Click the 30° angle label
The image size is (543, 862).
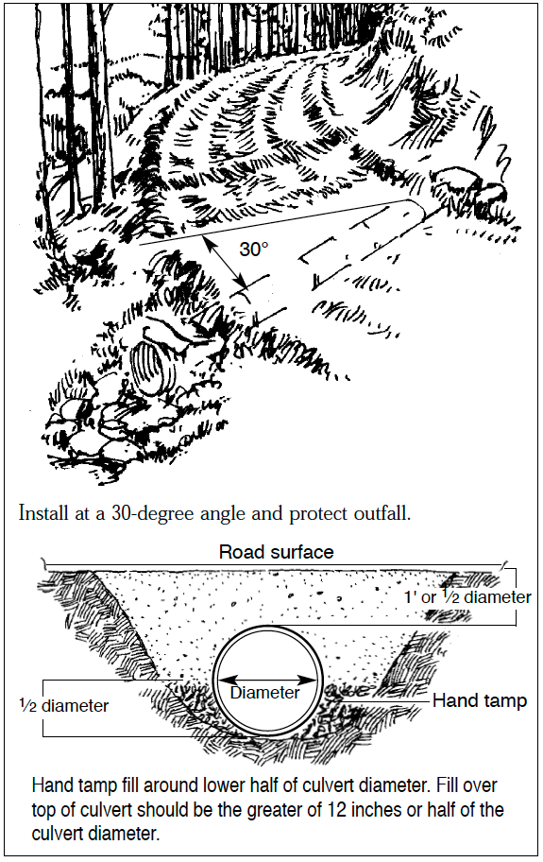point(253,250)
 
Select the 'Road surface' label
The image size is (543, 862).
point(276,552)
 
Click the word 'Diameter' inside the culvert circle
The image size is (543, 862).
point(264,693)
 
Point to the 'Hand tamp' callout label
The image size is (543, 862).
point(479,701)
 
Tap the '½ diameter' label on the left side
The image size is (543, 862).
point(63,705)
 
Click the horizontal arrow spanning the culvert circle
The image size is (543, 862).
point(264,679)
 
